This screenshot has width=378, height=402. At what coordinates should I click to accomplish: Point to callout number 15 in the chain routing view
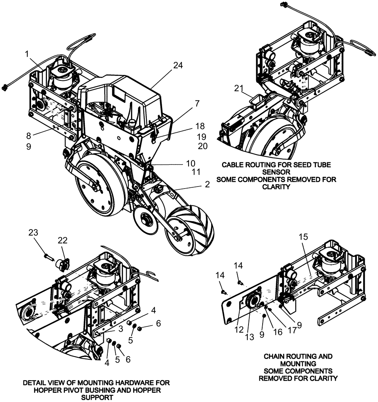(x=303, y=237)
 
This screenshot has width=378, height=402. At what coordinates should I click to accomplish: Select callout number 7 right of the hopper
(x=197, y=104)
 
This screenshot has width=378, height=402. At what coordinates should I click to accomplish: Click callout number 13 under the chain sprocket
(x=250, y=337)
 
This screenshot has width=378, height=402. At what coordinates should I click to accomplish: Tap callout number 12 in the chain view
(x=239, y=329)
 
